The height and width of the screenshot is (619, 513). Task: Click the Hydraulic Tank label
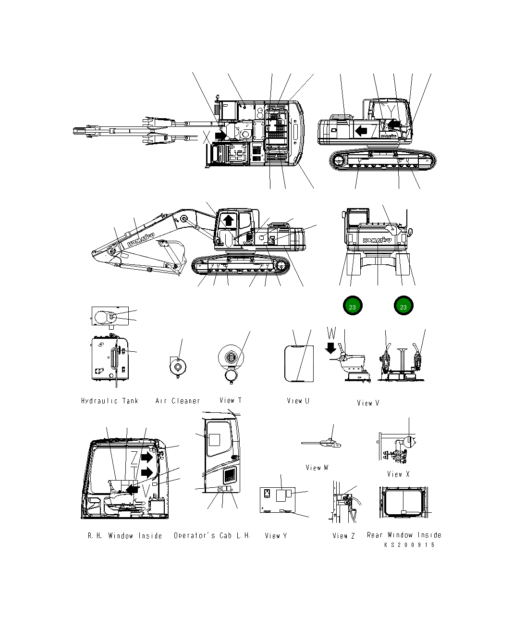110,401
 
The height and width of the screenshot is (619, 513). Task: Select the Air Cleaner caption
178,401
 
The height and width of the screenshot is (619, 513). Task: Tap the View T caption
231,400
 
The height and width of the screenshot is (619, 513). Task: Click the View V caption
368,403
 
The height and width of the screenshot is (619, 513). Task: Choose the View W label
317,467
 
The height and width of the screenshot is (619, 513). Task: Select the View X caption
398,474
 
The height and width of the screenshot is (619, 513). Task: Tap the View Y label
276,535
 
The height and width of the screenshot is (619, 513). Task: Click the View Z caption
343,535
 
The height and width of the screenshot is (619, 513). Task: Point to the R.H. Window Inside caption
125,535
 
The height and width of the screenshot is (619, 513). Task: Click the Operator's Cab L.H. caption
212,535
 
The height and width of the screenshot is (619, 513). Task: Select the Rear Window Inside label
404,535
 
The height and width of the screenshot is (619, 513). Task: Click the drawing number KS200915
409,545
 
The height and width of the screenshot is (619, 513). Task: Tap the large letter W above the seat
332,333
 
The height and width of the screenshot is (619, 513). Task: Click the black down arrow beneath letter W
331,347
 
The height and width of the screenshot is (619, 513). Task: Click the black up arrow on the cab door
229,220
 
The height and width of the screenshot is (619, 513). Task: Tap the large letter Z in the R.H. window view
135,458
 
